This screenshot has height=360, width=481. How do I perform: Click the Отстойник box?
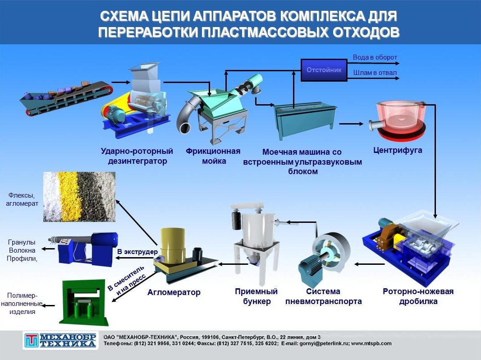point(324,70)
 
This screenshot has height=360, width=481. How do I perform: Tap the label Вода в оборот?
point(375,57)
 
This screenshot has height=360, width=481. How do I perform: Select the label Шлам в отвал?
point(375,73)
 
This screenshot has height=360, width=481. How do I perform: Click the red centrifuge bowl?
point(399,120)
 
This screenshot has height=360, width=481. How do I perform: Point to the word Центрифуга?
point(398,150)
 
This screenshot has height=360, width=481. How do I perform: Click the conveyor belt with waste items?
point(66,98)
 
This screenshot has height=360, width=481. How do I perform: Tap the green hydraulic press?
point(83,302)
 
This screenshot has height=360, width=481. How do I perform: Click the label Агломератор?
point(174,292)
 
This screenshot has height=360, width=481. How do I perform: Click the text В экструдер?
point(137,252)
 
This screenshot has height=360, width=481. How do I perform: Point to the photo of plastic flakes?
point(79,197)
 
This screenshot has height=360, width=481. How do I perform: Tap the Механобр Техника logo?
point(60,340)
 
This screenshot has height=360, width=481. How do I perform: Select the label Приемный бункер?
point(257,296)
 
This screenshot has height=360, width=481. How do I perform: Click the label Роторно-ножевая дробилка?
point(418,296)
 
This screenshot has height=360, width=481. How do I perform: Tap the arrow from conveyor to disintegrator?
point(121,82)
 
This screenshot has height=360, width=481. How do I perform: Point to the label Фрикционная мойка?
point(213,156)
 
